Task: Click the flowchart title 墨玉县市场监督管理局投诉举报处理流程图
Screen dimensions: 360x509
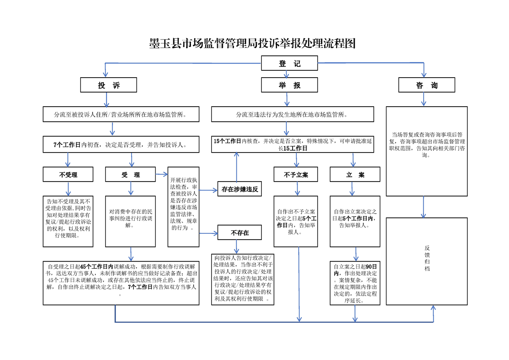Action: (252, 44)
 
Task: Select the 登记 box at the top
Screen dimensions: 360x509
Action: (289, 64)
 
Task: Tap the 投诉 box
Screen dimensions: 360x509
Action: (108, 85)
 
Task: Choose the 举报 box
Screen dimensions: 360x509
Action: (289, 85)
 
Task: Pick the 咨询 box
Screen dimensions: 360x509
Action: (426, 85)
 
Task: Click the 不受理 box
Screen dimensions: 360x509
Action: (68, 175)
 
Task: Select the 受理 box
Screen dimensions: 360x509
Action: (131, 175)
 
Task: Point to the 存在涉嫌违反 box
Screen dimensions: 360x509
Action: (240, 189)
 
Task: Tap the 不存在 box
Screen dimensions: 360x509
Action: (240, 233)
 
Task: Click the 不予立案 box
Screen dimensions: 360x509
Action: (296, 175)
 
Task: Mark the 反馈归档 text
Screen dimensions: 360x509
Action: (427, 258)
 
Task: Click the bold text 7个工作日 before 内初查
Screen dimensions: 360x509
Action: (67, 145)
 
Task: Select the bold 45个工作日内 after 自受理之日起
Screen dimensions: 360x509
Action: (96, 266)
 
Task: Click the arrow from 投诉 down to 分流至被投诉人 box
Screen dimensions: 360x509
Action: (107, 99)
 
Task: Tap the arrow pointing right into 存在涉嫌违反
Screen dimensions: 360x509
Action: (208, 189)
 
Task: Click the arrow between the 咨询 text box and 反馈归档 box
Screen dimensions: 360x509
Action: (424, 207)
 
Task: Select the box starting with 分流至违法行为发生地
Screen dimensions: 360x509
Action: (292, 114)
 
